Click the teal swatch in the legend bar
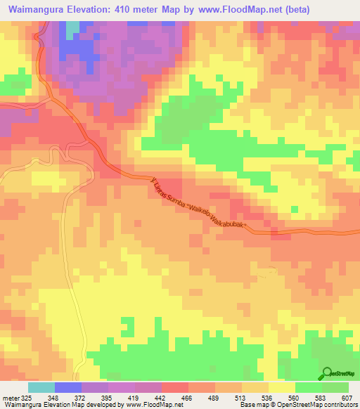coord(41,387)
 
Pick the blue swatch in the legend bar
coord(68,387)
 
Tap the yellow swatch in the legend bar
coord(282,387)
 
